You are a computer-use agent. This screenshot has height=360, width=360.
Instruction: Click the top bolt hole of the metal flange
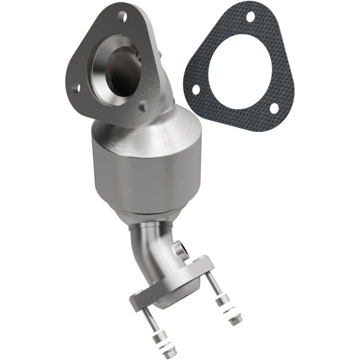[x=121, y=16]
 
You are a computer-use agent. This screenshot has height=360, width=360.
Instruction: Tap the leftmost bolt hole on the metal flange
[x=76, y=89]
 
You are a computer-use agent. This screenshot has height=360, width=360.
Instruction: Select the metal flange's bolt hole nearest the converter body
[x=142, y=106]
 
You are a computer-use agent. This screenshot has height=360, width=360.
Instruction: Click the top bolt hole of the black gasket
[x=249, y=16]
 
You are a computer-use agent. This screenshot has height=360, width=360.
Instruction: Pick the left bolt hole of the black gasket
[x=196, y=89]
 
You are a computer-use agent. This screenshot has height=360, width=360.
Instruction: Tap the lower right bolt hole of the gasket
[x=274, y=108]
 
